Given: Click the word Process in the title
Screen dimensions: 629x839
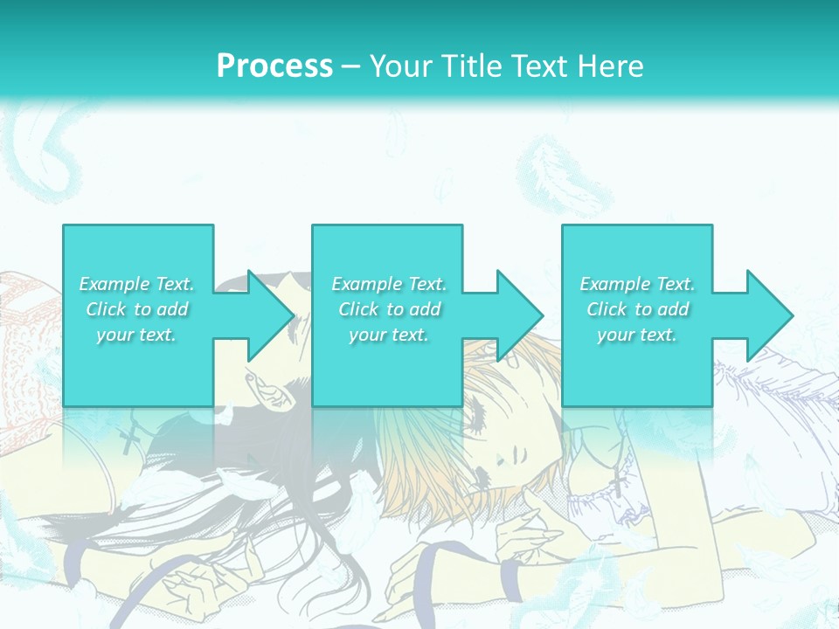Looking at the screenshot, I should tap(274, 66).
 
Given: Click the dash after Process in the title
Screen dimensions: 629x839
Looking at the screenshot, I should tap(351, 66).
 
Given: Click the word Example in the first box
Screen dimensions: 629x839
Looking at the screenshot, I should tap(114, 284).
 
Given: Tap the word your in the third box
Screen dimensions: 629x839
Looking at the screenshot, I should tap(614, 335).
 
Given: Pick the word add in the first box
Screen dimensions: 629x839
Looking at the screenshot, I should tap(173, 309).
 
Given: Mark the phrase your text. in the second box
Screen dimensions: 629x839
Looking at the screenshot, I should tap(388, 335).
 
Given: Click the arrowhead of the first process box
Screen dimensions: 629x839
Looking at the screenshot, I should tap(271, 315).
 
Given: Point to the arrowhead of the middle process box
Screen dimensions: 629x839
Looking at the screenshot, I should tap(520, 315).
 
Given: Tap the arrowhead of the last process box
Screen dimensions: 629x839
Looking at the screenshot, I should tap(770, 315).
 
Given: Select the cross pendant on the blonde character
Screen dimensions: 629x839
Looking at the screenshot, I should tap(617, 481).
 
